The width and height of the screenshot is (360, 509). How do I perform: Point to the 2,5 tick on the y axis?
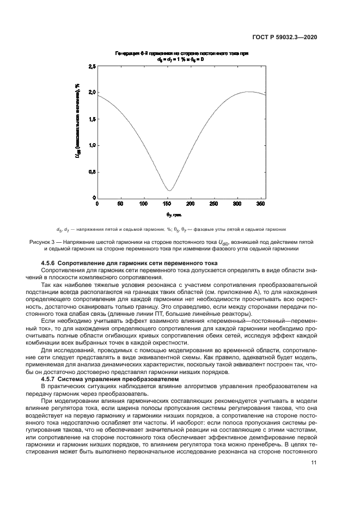click(91, 66)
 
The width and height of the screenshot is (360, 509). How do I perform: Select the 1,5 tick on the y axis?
click(91, 119)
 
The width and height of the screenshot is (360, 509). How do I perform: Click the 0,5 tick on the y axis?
click(91, 171)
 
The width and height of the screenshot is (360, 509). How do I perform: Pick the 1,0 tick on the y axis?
click(91, 145)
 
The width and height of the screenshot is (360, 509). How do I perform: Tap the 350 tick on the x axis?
click(260, 204)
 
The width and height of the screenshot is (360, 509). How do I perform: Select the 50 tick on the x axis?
click(120, 204)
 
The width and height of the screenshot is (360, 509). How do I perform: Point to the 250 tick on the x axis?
click(213, 204)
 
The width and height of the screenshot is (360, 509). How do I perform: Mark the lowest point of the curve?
click(169, 191)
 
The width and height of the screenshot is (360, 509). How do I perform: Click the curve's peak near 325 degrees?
click(248, 91)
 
